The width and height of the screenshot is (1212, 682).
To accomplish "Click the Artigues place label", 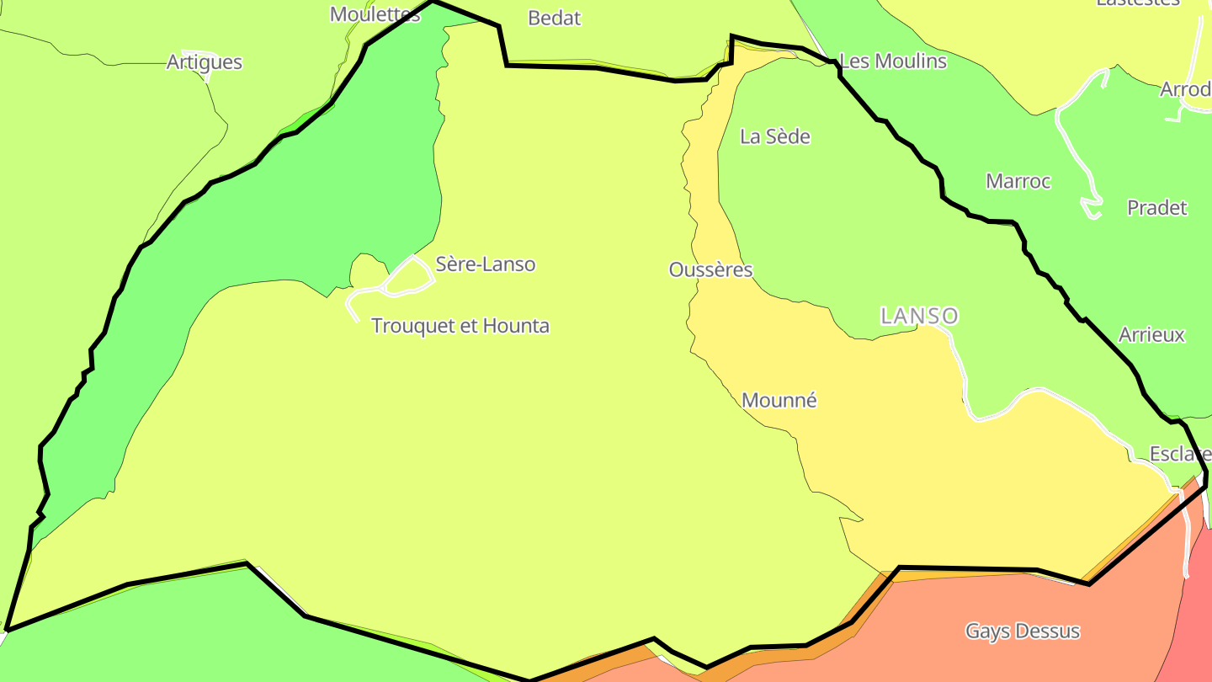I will pyautogui.click(x=205, y=61).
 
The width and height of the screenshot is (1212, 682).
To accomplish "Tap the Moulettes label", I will pyautogui.click(x=375, y=14).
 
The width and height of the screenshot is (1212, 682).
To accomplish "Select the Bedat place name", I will pyautogui.click(x=555, y=18).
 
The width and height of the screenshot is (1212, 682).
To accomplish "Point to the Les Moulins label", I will pyautogui.click(x=893, y=61).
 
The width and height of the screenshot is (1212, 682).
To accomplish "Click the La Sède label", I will pyautogui.click(x=774, y=136).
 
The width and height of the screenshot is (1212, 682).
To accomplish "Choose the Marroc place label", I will pyautogui.click(x=1018, y=181).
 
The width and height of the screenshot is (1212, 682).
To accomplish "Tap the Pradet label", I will pyautogui.click(x=1157, y=208).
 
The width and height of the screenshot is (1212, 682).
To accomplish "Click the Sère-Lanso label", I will pyautogui.click(x=485, y=264).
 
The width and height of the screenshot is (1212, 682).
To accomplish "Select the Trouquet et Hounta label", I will pyautogui.click(x=460, y=326).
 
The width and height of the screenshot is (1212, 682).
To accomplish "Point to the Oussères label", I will pyautogui.click(x=710, y=269).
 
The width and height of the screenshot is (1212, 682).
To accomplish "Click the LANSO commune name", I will pyautogui.click(x=919, y=316).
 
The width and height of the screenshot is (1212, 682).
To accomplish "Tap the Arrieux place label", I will pyautogui.click(x=1151, y=335).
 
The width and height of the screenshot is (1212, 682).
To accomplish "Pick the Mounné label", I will pyautogui.click(x=779, y=401).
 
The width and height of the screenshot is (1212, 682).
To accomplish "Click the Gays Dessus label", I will pyautogui.click(x=1023, y=631).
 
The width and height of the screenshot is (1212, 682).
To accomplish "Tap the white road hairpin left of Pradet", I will pyautogui.click(x=1091, y=205).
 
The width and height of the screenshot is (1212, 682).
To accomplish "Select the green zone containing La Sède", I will pyautogui.click(x=842, y=219).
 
